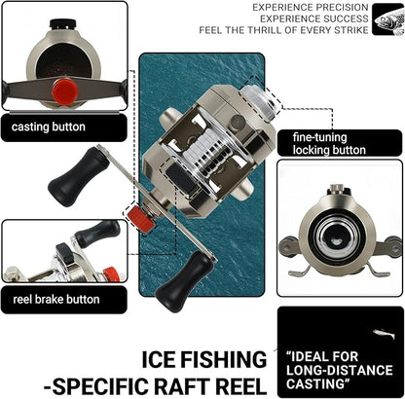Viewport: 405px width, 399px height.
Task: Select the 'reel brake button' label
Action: [x=57, y=300]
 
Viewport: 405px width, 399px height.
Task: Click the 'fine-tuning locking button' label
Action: [x=329, y=144]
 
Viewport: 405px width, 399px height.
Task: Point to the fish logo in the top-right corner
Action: [x=387, y=18]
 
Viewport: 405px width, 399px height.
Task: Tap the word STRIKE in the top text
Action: [x=347, y=29]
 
